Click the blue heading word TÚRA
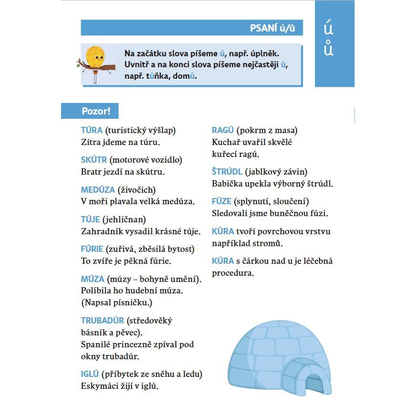(x=92, y=130)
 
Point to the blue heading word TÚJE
(x=91, y=219)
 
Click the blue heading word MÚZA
(x=93, y=279)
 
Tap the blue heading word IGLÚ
(x=90, y=374)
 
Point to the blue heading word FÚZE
(x=222, y=201)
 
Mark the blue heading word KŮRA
(x=223, y=231)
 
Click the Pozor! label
(x=96, y=112)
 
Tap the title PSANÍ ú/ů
(x=272, y=28)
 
